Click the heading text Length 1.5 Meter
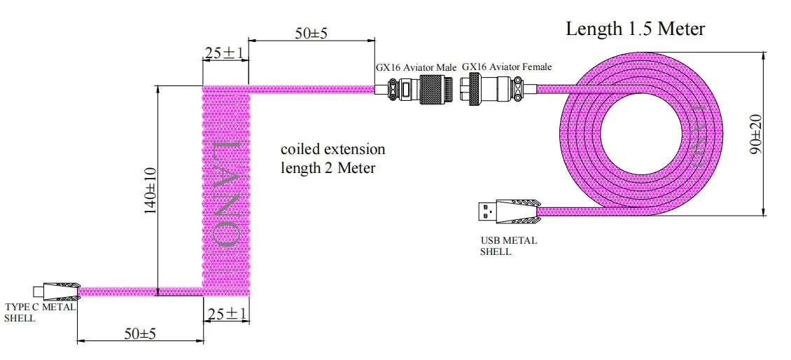[x=635, y=29]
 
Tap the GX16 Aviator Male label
[x=416, y=67]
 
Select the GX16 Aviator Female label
[x=506, y=67]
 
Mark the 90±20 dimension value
[x=755, y=135]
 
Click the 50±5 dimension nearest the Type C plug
[x=140, y=333]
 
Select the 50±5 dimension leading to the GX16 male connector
[x=311, y=33]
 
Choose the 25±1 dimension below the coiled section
[x=225, y=314]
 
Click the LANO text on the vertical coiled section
[x=226, y=192]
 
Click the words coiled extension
[x=332, y=149]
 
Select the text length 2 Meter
[x=328, y=168]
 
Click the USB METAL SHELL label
[x=508, y=246]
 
